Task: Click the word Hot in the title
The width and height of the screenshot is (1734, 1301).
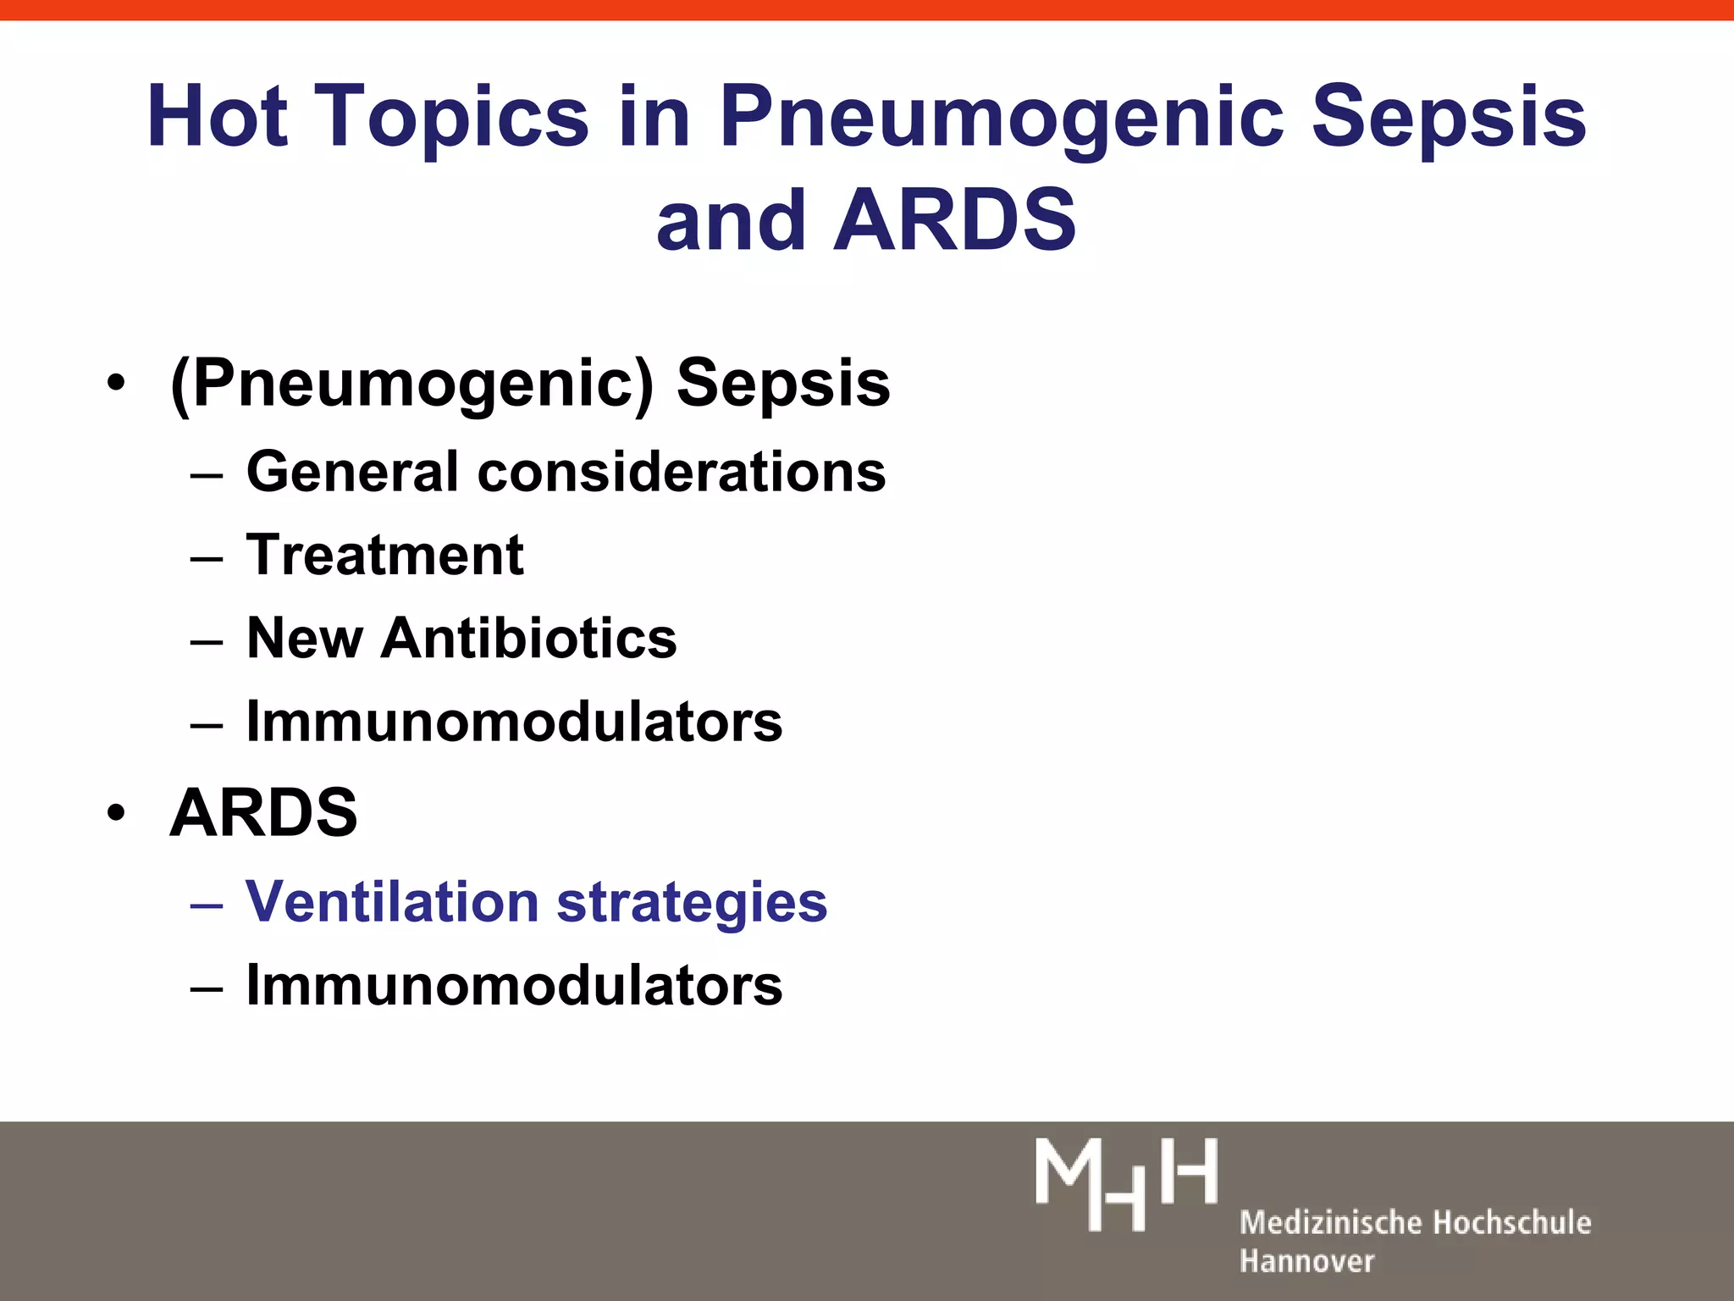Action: (217, 116)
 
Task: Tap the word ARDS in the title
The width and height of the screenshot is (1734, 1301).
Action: (955, 220)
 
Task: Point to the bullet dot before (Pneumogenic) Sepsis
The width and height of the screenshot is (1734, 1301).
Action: (116, 383)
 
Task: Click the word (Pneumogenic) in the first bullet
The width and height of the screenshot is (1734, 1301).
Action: (411, 383)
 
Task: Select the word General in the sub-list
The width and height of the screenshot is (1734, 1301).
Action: (352, 472)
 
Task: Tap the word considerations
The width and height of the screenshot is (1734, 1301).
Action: (682, 472)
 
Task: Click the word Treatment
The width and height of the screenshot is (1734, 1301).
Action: (384, 555)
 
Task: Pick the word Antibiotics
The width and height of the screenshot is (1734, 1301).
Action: (529, 638)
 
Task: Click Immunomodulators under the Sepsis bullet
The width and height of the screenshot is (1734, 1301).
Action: (514, 722)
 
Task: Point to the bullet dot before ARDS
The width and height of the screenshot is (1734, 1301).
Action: (116, 812)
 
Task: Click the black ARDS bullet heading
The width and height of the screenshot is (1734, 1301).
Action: (263, 812)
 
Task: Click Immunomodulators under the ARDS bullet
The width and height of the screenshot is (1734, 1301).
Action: (514, 985)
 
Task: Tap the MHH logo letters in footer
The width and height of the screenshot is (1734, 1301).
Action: (1126, 1183)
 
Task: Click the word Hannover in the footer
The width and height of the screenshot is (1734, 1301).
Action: (1306, 1261)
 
